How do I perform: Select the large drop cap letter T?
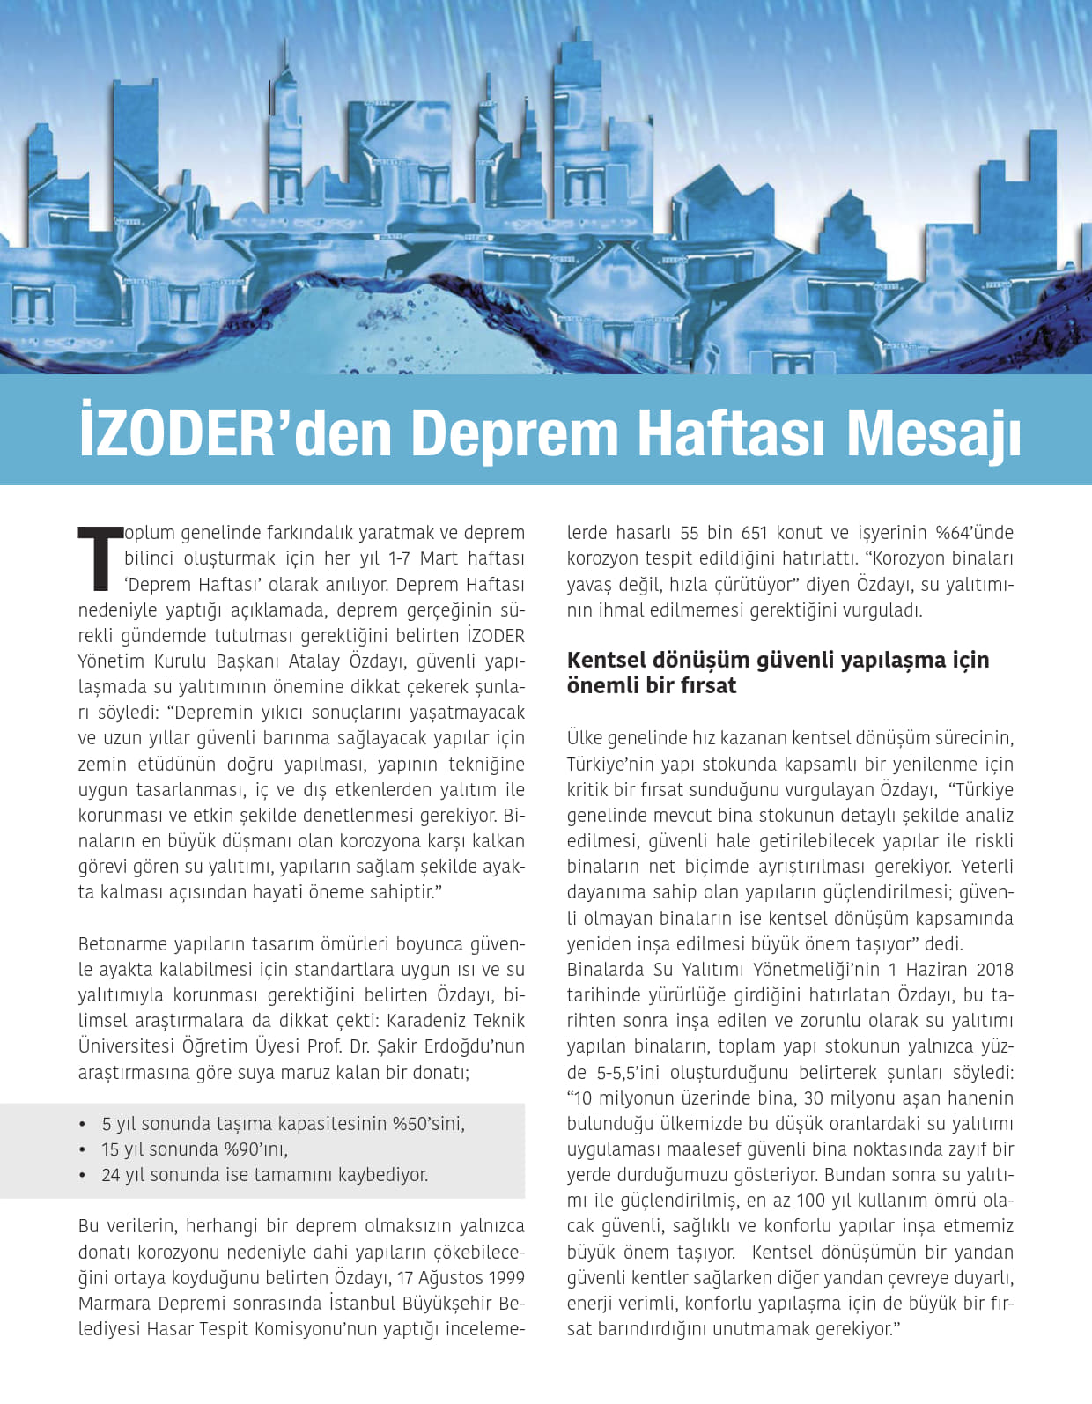(x=100, y=558)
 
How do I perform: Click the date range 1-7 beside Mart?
(x=402, y=558)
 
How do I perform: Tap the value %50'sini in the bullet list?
(x=428, y=1124)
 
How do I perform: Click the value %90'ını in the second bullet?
(x=257, y=1149)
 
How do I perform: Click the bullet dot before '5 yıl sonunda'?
(x=83, y=1125)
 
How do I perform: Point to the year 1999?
(x=505, y=1278)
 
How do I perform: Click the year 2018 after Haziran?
(x=992, y=970)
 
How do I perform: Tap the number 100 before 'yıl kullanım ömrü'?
(x=811, y=1201)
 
